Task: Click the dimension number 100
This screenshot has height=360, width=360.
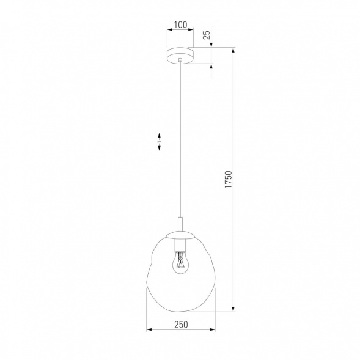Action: (180, 25)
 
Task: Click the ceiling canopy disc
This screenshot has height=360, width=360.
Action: (180, 55)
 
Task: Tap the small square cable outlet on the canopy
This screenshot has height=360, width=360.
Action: (180, 60)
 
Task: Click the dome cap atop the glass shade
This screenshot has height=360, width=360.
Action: (180, 234)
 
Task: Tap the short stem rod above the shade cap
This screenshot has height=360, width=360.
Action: (180, 223)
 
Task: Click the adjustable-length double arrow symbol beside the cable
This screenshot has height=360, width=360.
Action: (159, 142)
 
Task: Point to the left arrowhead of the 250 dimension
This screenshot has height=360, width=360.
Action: (149, 331)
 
